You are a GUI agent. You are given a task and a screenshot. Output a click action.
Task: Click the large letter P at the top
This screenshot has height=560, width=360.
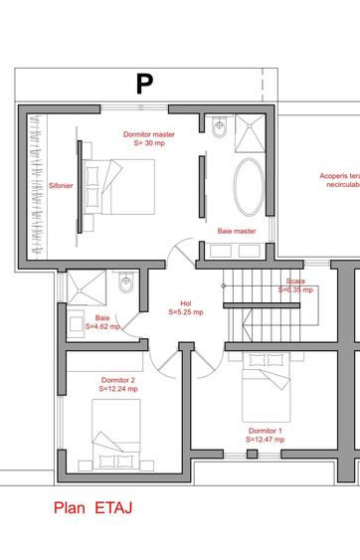pyautogui.click(x=144, y=85)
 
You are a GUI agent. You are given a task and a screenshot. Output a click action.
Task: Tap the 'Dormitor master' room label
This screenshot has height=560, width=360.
pyautogui.click(x=149, y=133)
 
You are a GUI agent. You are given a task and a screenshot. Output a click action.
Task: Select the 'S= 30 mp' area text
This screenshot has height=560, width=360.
pyautogui.click(x=149, y=143)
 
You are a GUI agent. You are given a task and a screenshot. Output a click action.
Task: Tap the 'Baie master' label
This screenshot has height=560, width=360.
pyautogui.click(x=237, y=231)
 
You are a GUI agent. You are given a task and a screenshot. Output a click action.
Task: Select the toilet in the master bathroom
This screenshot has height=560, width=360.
pyautogui.click(x=220, y=127)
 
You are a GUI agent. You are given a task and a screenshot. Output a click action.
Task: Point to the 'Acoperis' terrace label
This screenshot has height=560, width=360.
pyautogui.click(x=338, y=175)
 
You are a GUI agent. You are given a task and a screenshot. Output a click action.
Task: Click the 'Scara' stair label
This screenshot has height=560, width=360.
pyautogui.click(x=295, y=281)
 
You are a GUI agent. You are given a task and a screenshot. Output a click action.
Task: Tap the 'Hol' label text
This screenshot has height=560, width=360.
pyautogui.click(x=185, y=303)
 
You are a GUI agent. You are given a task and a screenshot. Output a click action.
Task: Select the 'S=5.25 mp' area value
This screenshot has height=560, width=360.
pyautogui.click(x=185, y=312)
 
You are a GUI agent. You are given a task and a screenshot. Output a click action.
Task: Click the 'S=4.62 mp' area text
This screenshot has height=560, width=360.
pyautogui.click(x=101, y=325)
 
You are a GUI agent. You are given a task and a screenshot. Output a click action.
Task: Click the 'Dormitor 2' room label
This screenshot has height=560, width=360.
pyautogui.click(x=118, y=379)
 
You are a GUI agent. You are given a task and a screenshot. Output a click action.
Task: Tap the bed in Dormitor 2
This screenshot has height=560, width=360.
pyautogui.click(x=121, y=429)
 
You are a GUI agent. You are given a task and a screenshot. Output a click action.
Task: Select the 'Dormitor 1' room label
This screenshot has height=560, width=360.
pyautogui.click(x=266, y=430)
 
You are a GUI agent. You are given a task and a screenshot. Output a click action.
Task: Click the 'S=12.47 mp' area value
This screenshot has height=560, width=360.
pyautogui.click(x=266, y=439)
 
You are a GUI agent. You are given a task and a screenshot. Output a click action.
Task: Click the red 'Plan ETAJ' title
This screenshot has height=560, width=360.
pyautogui.click(x=93, y=507)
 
